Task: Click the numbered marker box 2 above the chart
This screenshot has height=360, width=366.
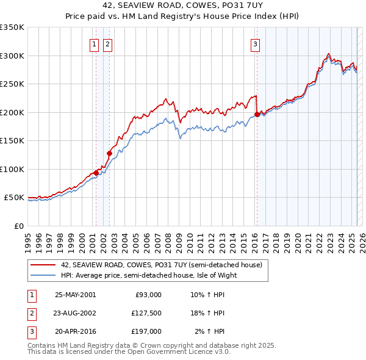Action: pyautogui.click(x=107, y=43)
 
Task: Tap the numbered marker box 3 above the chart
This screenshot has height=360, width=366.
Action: pyautogui.click(x=255, y=43)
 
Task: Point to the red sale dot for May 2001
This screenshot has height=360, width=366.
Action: pyautogui.click(x=96, y=173)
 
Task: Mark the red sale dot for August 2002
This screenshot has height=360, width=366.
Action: pyautogui.click(x=109, y=154)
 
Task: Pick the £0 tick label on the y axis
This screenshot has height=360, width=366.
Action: pyautogui.click(x=19, y=226)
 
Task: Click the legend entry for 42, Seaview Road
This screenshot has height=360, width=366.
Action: pyautogui.click(x=161, y=265)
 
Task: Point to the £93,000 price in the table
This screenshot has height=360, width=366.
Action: pyautogui.click(x=148, y=295)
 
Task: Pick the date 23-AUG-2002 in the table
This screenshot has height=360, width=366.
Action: pyautogui.click(x=75, y=313)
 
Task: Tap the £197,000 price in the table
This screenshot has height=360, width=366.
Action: pyautogui.click(x=146, y=331)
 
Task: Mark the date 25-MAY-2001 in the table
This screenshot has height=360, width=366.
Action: pyautogui.click(x=75, y=295)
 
